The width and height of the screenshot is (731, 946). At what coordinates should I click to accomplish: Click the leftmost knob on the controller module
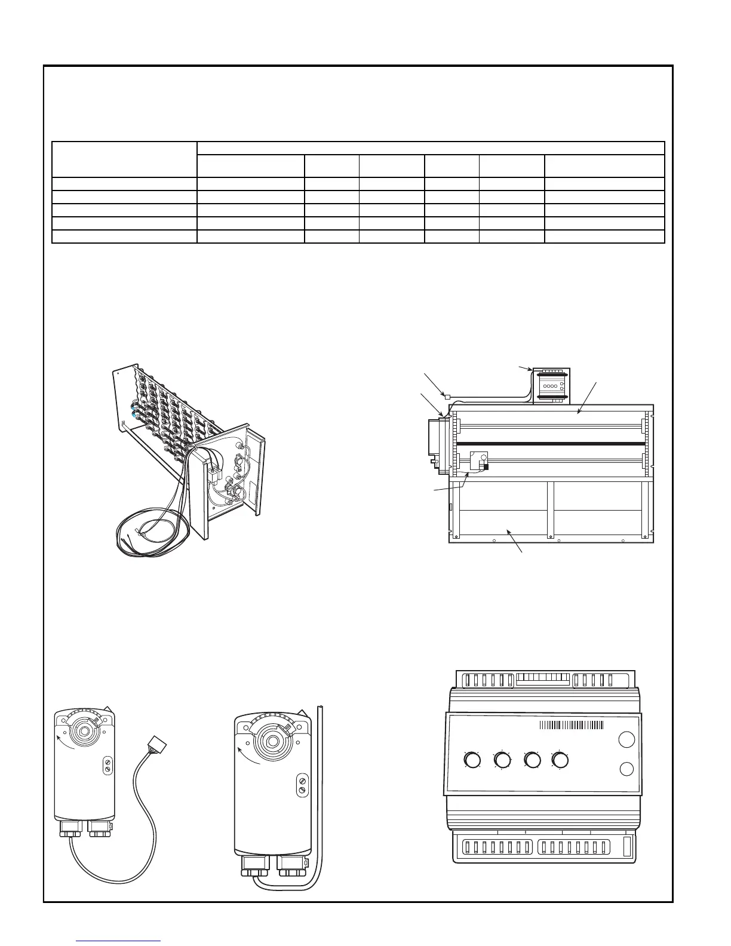(472, 760)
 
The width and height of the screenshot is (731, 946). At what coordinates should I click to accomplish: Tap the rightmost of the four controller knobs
(560, 760)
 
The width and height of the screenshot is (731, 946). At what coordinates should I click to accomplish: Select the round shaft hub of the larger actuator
(272, 741)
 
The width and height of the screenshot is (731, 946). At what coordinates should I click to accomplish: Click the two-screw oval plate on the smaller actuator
(107, 766)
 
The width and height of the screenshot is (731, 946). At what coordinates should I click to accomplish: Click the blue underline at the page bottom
(119, 941)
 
